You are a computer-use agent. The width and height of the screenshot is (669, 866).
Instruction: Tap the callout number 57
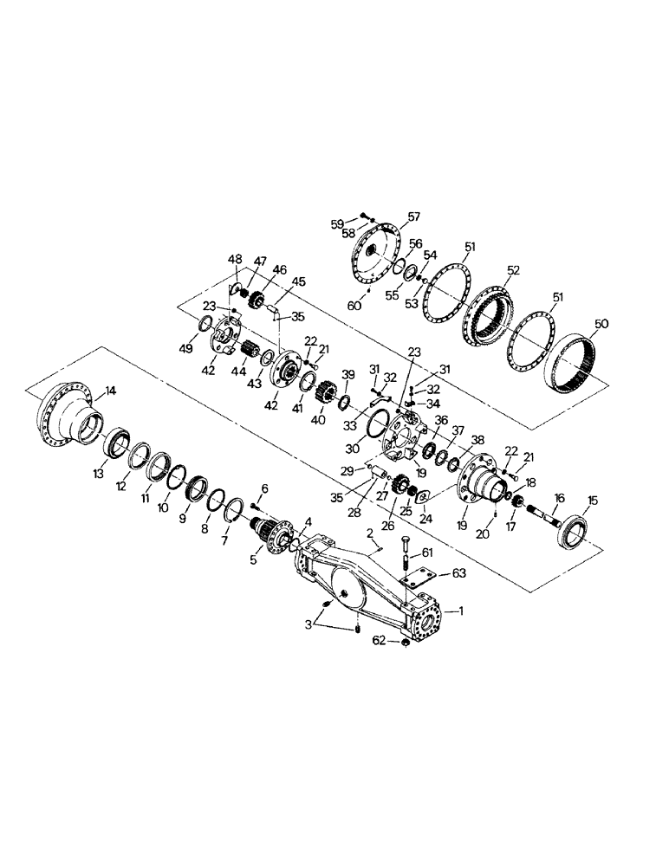pyautogui.click(x=414, y=216)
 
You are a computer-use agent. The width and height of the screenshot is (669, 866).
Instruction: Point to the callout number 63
pyautogui.click(x=459, y=573)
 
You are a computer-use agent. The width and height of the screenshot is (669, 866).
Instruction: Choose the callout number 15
pyautogui.click(x=593, y=500)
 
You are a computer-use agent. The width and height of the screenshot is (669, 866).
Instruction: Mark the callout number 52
pyautogui.click(x=514, y=270)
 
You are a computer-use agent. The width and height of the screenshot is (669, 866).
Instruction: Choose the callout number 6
pyautogui.click(x=264, y=488)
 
